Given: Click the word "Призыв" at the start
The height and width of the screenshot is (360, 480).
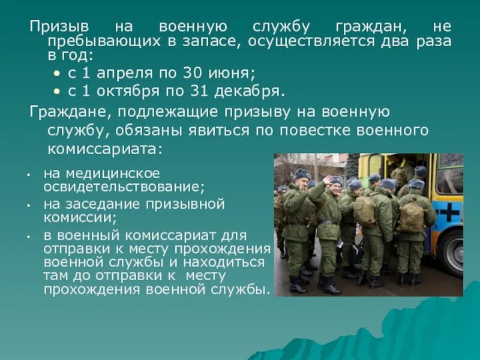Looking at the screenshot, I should [56, 27].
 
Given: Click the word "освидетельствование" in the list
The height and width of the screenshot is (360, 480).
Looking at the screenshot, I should [124, 187].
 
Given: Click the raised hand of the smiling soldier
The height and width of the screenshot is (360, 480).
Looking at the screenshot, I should [328, 180].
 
